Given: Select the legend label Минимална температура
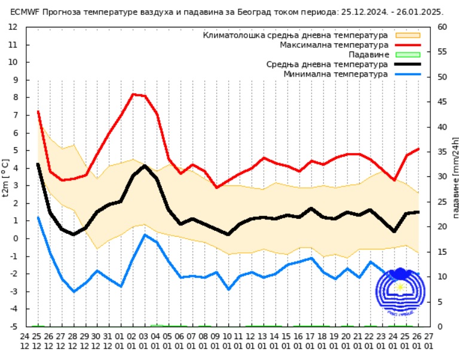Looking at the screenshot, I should pyautogui.click(x=336, y=74).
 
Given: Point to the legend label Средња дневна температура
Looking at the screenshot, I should pyautogui.click(x=328, y=64).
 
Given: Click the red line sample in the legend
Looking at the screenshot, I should pyautogui.click(x=407, y=45).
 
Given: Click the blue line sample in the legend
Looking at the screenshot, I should pyautogui.click(x=407, y=74).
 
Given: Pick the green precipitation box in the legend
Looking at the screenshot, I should pyautogui.click(x=407, y=54).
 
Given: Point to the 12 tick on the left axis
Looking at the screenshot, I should pyautogui.click(x=14, y=27).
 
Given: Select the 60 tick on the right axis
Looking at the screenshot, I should pyautogui.click(x=442, y=27).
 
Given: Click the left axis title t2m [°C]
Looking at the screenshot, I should pyautogui.click(x=5, y=178).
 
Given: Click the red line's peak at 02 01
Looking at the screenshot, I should pyautogui.click(x=133, y=94).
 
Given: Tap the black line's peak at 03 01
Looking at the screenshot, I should pyautogui.click(x=145, y=166).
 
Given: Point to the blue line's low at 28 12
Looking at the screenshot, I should pyautogui.click(x=74, y=291).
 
